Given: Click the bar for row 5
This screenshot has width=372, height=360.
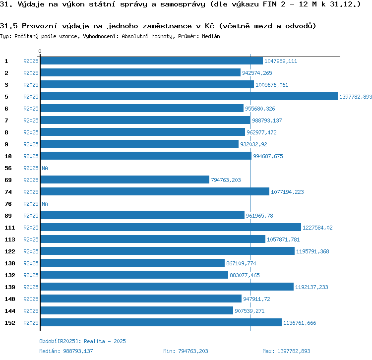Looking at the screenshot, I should coord(188,97).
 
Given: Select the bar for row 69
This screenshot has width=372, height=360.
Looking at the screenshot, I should coord(124,180).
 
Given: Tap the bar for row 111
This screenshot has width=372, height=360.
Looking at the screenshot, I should coord(171,228).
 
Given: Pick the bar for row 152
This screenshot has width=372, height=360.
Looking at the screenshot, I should coord(161,323).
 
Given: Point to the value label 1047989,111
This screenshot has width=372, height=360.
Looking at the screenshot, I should coord(281,61).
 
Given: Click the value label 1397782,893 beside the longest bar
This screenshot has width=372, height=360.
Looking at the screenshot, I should coord(355,97).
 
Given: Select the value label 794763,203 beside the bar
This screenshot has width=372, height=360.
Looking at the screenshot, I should coord(226,180).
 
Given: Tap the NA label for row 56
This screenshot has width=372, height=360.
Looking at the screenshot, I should coord(45,168).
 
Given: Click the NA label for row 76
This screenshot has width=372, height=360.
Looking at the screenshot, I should coord(45,204).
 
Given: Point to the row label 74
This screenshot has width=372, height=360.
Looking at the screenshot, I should coord(8,192).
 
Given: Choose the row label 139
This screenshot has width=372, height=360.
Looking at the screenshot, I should coord(9,287).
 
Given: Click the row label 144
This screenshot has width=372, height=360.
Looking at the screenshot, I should coord(9,311).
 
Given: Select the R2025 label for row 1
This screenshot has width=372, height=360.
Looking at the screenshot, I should coord(31,61).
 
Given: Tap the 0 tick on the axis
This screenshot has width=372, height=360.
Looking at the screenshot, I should coord(40,52).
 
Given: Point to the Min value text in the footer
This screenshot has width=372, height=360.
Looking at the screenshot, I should coord(186,351).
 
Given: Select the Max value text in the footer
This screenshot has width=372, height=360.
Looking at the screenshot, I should coord(286,351).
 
